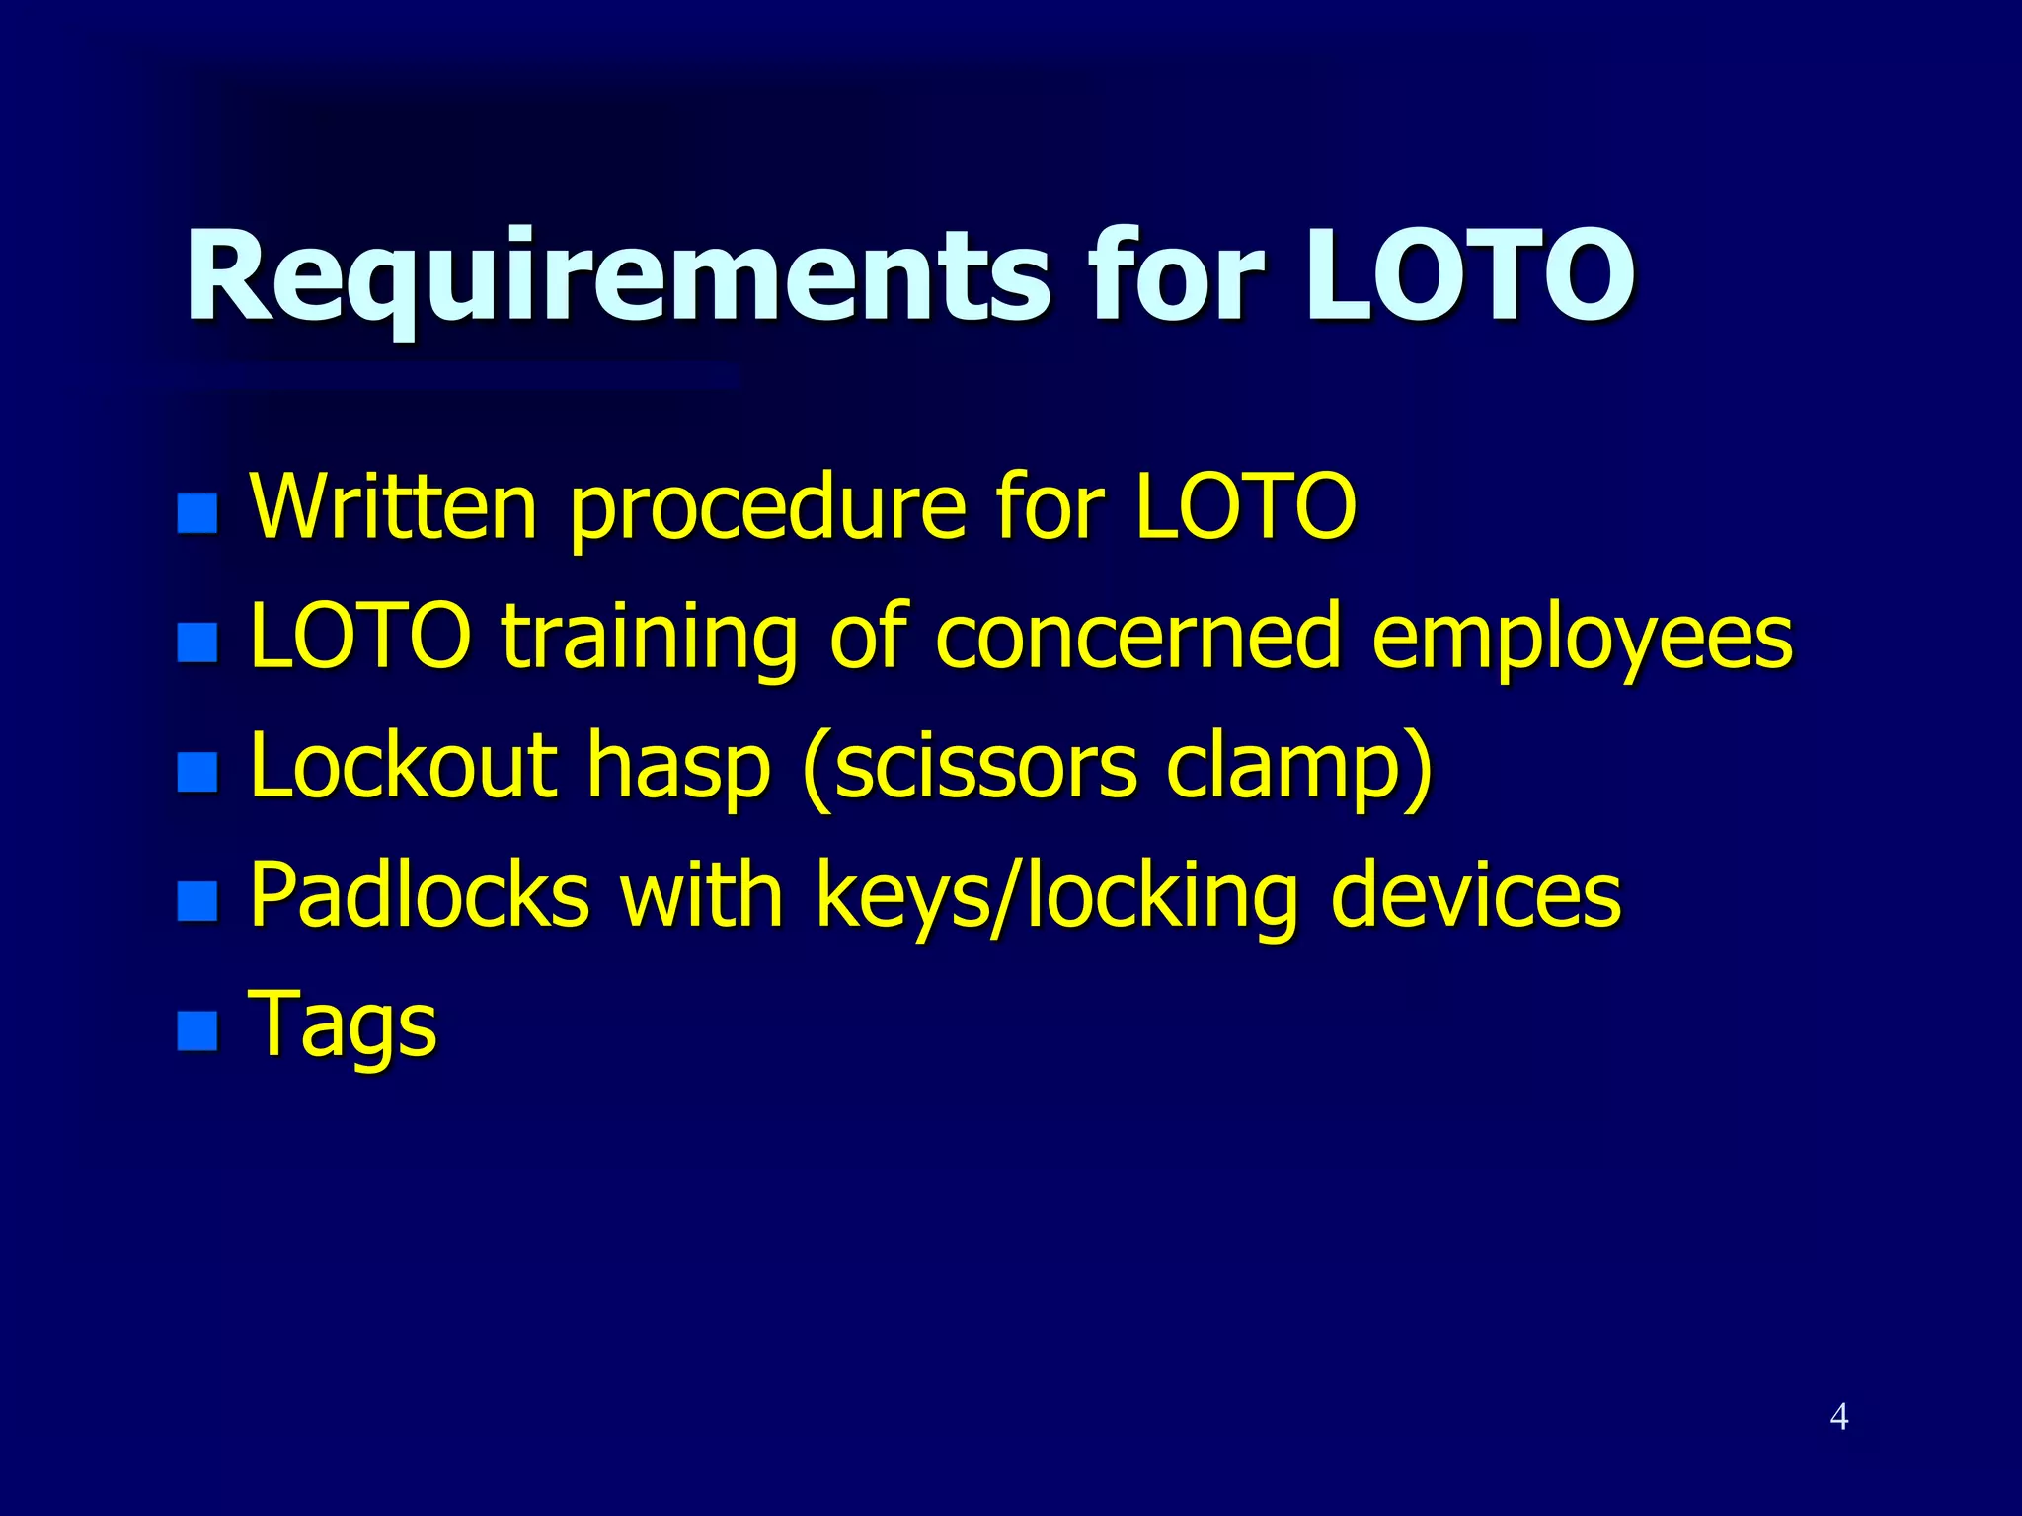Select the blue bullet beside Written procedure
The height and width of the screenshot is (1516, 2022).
click(197, 513)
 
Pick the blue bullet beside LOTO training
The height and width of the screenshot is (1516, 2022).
click(197, 643)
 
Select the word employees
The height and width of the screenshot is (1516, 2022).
click(1582, 640)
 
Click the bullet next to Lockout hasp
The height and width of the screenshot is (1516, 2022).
click(197, 772)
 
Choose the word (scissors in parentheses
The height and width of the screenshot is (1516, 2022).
click(970, 768)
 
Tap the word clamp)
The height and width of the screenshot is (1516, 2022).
click(1299, 768)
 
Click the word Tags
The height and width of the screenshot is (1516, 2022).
click(343, 1026)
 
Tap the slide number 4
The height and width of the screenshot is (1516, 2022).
click(1838, 1417)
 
